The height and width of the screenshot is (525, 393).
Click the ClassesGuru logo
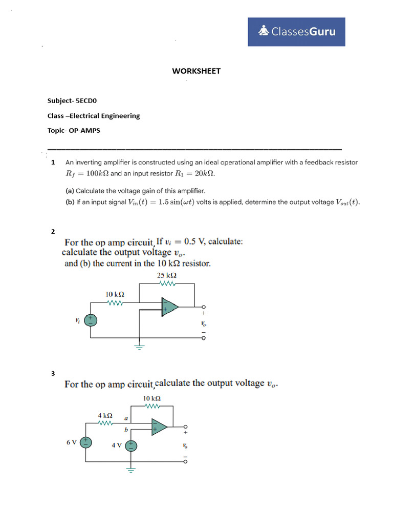[x=296, y=32]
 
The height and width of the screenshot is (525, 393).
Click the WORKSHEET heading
[x=196, y=71]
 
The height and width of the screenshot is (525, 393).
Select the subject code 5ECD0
[x=90, y=101]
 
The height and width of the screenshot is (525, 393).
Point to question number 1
[x=53, y=163]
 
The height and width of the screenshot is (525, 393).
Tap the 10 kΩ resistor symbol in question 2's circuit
[x=115, y=302]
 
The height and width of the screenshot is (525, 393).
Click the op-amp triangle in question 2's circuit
[x=169, y=307]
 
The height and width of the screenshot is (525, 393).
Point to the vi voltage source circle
[x=91, y=320]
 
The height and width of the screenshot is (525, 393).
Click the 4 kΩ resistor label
[x=105, y=415]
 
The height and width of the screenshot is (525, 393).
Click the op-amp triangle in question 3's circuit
[x=159, y=427]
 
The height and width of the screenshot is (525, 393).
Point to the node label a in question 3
[x=126, y=418]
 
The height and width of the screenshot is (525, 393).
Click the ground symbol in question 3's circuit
[x=131, y=469]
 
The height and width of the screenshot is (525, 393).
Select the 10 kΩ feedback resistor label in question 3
[x=152, y=398]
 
